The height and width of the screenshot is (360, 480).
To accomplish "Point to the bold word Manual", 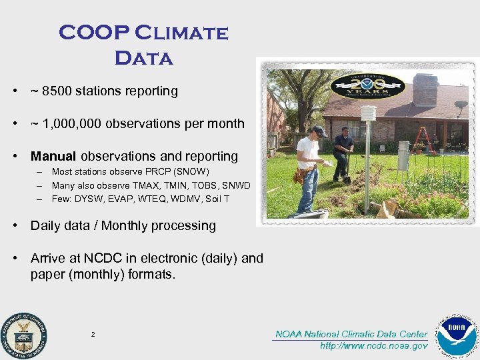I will pos(53,157).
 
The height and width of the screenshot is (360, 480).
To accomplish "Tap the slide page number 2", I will pos(93,334).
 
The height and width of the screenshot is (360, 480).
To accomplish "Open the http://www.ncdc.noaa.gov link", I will pos(373,346).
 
